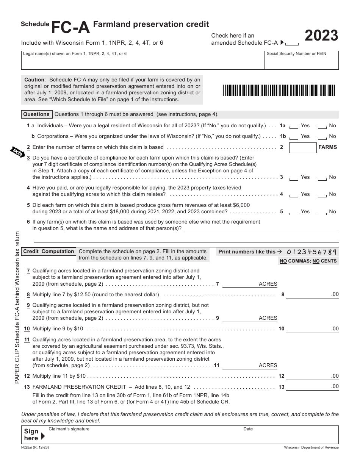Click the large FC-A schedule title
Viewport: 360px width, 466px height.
(x=70, y=27)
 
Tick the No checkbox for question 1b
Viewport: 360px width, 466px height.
(x=322, y=137)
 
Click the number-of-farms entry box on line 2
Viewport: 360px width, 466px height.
(x=302, y=147)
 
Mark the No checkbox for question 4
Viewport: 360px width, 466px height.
(x=322, y=195)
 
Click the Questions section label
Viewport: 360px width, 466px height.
(x=36, y=114)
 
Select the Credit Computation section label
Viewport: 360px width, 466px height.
(x=49, y=252)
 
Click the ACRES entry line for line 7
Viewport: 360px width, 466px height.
(x=239, y=284)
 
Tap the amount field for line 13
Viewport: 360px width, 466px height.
(x=308, y=387)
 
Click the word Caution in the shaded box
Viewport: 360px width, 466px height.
(x=34, y=80)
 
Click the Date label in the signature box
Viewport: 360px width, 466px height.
(x=248, y=429)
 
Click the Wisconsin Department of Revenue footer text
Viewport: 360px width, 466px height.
(x=311, y=447)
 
